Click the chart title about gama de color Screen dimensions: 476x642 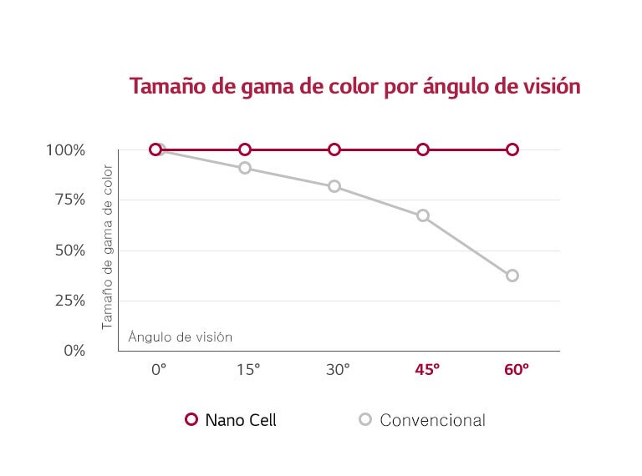point(354,86)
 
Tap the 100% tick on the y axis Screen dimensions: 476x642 point(66,150)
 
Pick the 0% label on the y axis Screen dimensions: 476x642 point(74,351)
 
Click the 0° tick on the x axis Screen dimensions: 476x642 point(159,369)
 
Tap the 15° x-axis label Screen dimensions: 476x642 point(247,369)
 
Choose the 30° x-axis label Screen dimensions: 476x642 point(337,369)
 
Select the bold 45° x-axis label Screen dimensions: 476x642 point(426,369)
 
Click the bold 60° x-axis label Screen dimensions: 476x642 point(516,369)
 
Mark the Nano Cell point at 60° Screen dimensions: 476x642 point(512,149)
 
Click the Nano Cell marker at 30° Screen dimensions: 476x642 point(334,149)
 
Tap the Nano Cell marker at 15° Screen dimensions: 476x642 point(245,149)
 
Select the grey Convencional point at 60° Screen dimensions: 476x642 point(512,276)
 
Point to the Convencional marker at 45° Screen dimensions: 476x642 point(423,215)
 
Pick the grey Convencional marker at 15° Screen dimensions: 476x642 point(245,168)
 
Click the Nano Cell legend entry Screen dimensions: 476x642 point(231,420)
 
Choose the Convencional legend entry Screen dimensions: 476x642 point(422,420)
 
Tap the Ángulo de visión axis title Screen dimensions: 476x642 point(180,337)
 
